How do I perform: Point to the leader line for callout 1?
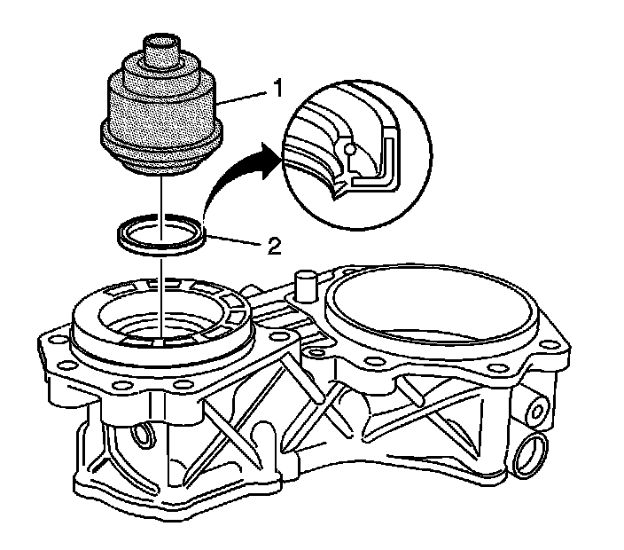click(x=243, y=98)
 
